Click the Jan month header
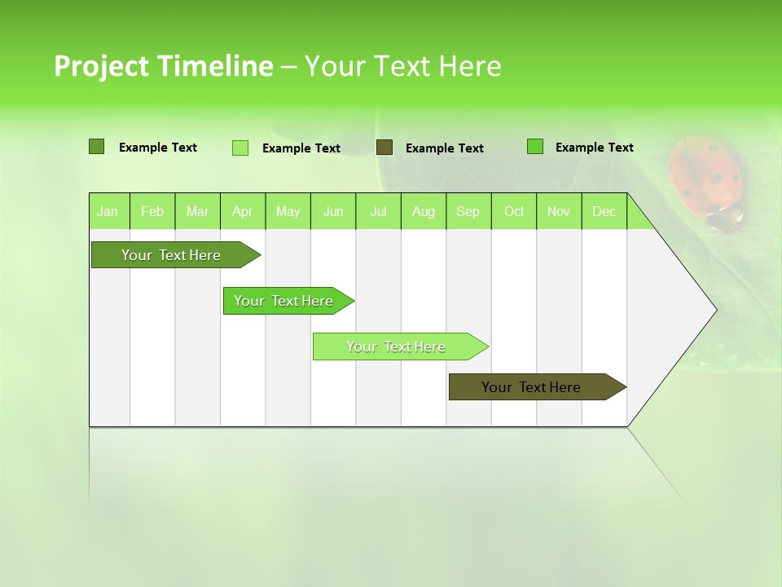(108, 212)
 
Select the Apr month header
(243, 212)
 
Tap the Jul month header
(379, 212)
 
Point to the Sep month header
(468, 212)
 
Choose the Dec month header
(604, 212)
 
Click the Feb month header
(152, 212)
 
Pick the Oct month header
(514, 212)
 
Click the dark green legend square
(97, 147)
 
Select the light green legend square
(240, 148)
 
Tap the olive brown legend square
(384, 147)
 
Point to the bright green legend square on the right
(535, 147)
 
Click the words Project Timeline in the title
(163, 66)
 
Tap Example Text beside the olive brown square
(444, 148)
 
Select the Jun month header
(333, 212)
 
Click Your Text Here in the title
(403, 66)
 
